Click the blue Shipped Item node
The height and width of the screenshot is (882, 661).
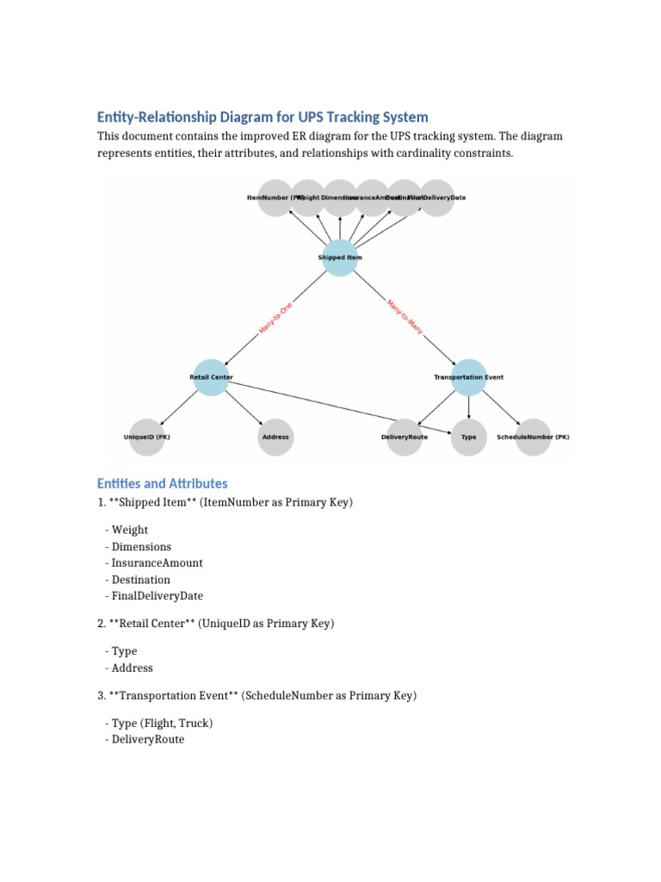tap(340, 258)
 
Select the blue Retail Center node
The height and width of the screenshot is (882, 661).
tap(211, 377)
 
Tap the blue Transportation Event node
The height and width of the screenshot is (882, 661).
tap(469, 377)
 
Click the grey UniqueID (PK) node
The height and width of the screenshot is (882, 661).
tap(147, 437)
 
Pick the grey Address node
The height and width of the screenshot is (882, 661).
tap(275, 437)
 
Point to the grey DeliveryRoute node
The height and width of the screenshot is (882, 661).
tap(405, 437)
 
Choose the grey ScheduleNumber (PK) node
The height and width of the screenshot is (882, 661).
tap(533, 437)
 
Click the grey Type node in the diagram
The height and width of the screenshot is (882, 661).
tap(469, 437)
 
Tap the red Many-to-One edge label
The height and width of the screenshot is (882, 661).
tap(275, 318)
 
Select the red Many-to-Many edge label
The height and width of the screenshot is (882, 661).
tap(405, 318)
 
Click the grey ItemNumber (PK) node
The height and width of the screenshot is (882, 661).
tap(275, 198)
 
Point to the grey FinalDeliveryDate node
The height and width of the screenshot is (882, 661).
tap(437, 198)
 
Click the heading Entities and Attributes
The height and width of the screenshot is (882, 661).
tap(162, 483)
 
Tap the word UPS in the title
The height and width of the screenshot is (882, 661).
tap(314, 116)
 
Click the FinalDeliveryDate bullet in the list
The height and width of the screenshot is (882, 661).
tap(158, 596)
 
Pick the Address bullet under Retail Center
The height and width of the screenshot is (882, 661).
tap(132, 668)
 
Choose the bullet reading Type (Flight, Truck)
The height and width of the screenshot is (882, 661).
tap(162, 723)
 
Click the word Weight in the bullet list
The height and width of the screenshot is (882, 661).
tap(130, 530)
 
